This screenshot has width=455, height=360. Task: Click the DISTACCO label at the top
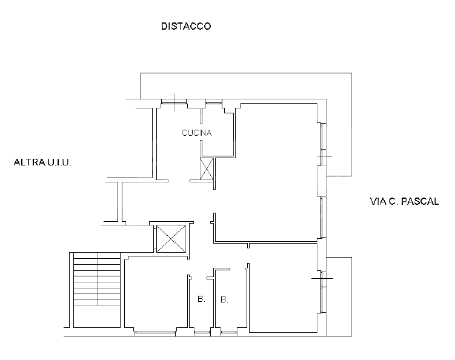pyautogui.click(x=185, y=26)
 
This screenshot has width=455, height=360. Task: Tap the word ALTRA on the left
pyautogui.click(x=27, y=162)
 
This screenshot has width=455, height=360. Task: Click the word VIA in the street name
pyautogui.click(x=377, y=202)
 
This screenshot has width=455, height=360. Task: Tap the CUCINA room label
pyautogui.click(x=197, y=133)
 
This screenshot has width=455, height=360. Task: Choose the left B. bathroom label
pyautogui.click(x=200, y=299)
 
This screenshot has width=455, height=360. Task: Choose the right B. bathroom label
pyautogui.click(x=224, y=299)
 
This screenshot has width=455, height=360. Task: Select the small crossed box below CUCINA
pyautogui.click(x=207, y=168)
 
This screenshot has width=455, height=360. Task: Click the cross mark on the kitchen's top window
pyautogui.click(x=174, y=100)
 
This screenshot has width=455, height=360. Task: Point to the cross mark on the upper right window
pyautogui.click(x=324, y=157)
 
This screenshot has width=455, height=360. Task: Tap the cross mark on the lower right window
pyautogui.click(x=323, y=278)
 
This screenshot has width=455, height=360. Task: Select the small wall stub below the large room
pyautogui.click(x=248, y=245)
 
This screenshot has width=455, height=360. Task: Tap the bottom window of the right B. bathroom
pyautogui.click(x=228, y=332)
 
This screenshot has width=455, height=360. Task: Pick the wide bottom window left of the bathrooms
pyautogui.click(x=154, y=332)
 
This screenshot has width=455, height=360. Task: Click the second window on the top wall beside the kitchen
pyautogui.click(x=213, y=101)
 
